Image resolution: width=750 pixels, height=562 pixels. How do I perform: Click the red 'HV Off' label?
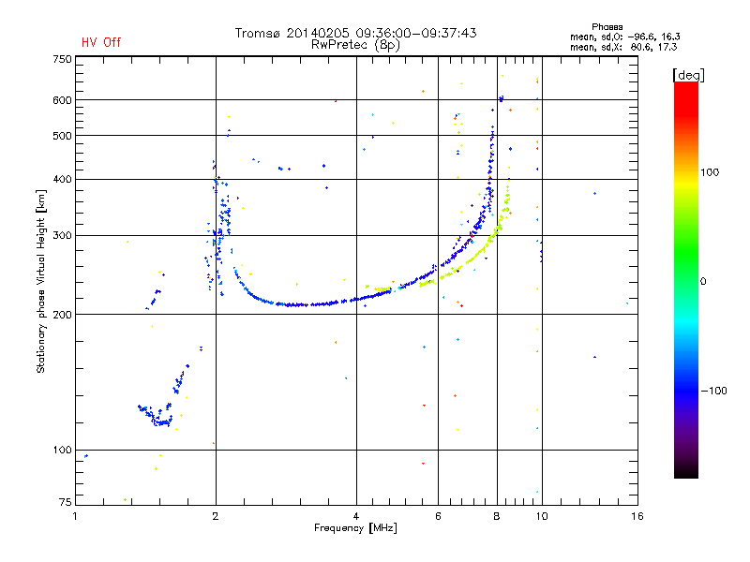pos(100,42)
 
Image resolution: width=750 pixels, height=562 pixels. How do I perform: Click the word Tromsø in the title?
pos(257,33)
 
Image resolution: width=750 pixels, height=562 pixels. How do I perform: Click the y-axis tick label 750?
pos(62,59)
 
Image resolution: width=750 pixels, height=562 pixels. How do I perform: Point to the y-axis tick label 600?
pos(62,100)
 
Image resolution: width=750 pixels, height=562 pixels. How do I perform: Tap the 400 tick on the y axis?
pos(62,179)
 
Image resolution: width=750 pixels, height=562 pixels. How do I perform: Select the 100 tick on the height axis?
pos(62,451)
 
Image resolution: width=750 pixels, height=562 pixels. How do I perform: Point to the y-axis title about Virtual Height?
pos(41,281)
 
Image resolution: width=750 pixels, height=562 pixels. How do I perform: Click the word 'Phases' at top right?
pos(610,26)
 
